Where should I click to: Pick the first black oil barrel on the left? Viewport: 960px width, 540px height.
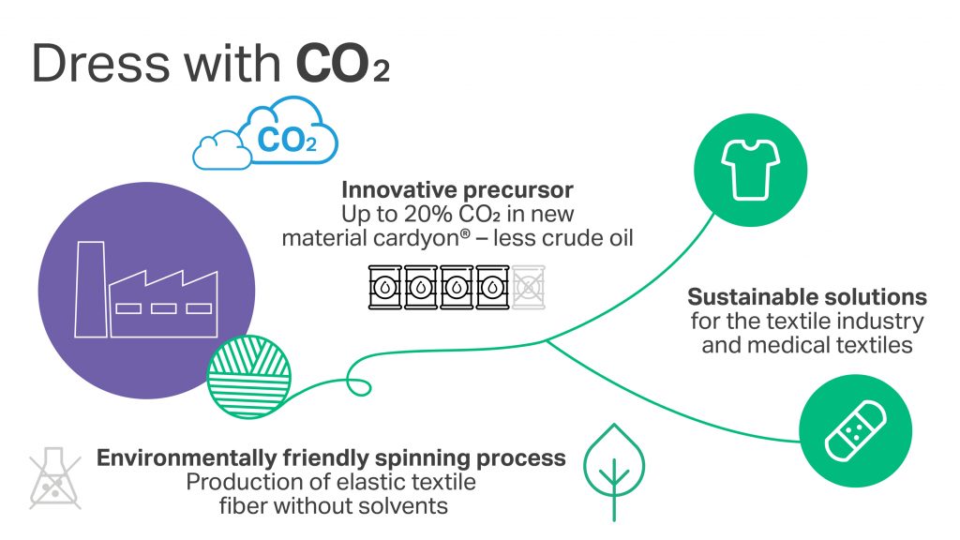(384, 288)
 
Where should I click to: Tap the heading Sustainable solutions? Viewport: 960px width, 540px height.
(806, 298)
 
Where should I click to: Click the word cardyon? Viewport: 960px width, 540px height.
(437, 239)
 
